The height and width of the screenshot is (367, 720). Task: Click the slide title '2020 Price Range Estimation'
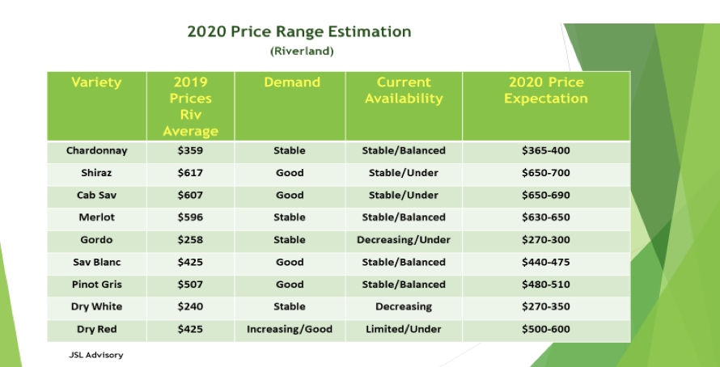299,32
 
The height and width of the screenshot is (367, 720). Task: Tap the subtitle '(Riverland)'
301,51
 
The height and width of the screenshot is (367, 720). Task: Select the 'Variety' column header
96,82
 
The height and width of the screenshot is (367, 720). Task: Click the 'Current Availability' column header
404,91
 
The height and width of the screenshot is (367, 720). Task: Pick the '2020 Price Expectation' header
546,91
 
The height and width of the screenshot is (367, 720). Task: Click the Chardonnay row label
97,150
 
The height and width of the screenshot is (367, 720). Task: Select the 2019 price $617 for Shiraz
191,173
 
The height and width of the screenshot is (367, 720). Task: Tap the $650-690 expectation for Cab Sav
546,195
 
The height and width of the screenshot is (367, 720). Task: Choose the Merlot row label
97,217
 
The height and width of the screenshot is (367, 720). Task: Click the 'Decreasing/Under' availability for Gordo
404,240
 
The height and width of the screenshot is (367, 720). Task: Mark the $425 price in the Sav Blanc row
191,262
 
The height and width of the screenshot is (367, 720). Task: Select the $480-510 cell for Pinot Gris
546,285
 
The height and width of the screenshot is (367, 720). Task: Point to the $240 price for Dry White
191,306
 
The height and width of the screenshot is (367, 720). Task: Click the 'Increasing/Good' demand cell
290,329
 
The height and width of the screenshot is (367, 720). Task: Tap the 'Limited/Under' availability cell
404,329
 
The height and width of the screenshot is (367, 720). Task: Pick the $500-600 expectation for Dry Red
546,329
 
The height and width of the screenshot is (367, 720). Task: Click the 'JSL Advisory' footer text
96,354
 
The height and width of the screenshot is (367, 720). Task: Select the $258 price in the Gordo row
191,240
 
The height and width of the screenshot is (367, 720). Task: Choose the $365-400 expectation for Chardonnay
546,150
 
